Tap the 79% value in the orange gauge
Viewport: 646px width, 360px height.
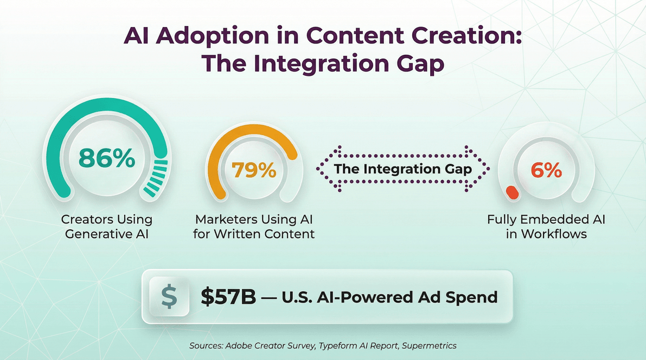point(254,170)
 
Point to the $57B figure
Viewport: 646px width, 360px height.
point(228,297)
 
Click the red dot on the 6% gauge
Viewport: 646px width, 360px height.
point(511,192)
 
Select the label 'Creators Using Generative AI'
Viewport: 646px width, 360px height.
point(106,227)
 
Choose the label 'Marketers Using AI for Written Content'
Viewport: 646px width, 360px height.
point(254,227)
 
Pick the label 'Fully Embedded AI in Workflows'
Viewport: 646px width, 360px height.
point(546,227)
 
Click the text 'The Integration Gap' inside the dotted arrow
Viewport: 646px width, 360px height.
point(402,169)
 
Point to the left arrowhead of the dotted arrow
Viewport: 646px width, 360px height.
point(322,169)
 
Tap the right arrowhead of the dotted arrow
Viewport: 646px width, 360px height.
point(483,169)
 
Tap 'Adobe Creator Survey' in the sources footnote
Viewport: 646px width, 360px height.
point(260,345)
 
